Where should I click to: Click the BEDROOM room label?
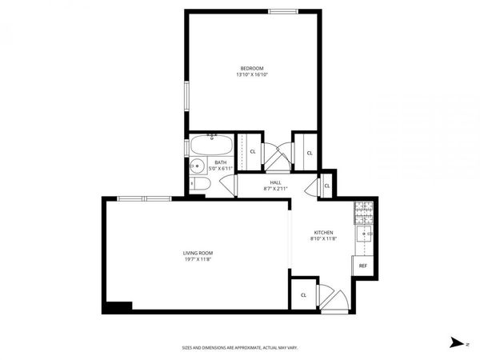point(252,68)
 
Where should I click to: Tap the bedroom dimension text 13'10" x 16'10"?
point(252,75)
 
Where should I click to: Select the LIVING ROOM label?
point(198,253)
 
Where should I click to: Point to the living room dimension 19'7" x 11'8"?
point(198,259)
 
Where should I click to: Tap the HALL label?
point(275,182)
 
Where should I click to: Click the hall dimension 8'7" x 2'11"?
point(275,189)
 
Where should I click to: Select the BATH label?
point(220,162)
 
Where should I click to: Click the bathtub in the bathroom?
point(212,146)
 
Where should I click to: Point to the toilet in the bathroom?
point(200,186)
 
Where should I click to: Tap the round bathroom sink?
point(196,167)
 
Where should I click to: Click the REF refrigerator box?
point(362,266)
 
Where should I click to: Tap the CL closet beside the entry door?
point(303,294)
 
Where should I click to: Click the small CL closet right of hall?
point(327,186)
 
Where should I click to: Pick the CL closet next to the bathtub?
point(253,150)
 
